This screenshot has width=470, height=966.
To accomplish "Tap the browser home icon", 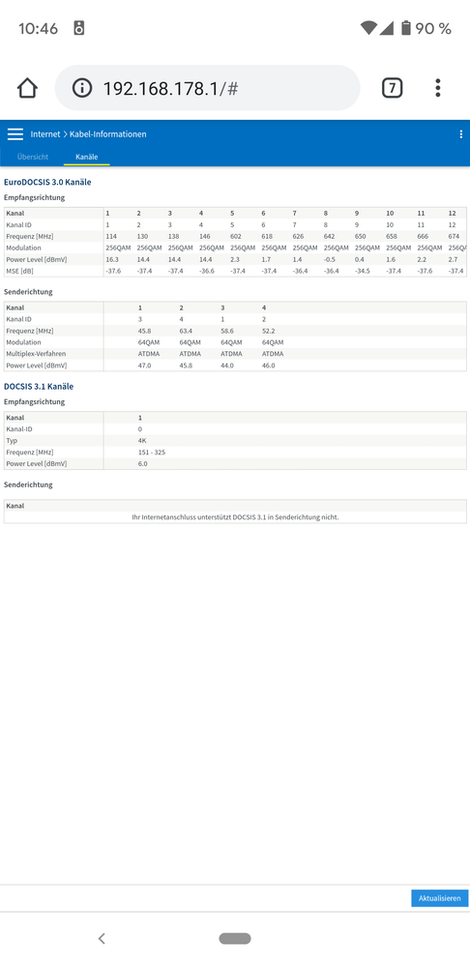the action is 27,88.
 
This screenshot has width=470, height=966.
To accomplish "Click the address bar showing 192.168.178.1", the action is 207,89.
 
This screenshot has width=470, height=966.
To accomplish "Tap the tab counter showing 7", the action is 392,88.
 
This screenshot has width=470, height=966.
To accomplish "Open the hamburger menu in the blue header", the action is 15,134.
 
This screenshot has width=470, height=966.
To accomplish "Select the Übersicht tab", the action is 32,157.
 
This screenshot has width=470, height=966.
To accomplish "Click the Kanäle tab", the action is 87,157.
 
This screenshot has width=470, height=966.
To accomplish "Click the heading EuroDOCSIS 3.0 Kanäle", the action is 47,182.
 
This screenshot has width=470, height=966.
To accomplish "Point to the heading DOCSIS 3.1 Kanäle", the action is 39,386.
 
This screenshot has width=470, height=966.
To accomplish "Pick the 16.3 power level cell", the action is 112,260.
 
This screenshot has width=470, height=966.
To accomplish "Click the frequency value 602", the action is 236,237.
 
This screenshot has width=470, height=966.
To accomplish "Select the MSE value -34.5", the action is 363,272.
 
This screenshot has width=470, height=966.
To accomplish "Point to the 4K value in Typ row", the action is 142,440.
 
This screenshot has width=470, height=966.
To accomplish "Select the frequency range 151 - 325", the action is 152,452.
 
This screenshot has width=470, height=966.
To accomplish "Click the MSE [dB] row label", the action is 21,272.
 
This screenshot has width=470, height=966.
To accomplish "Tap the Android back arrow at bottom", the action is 102,938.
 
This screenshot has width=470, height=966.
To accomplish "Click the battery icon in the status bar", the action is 406,28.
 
